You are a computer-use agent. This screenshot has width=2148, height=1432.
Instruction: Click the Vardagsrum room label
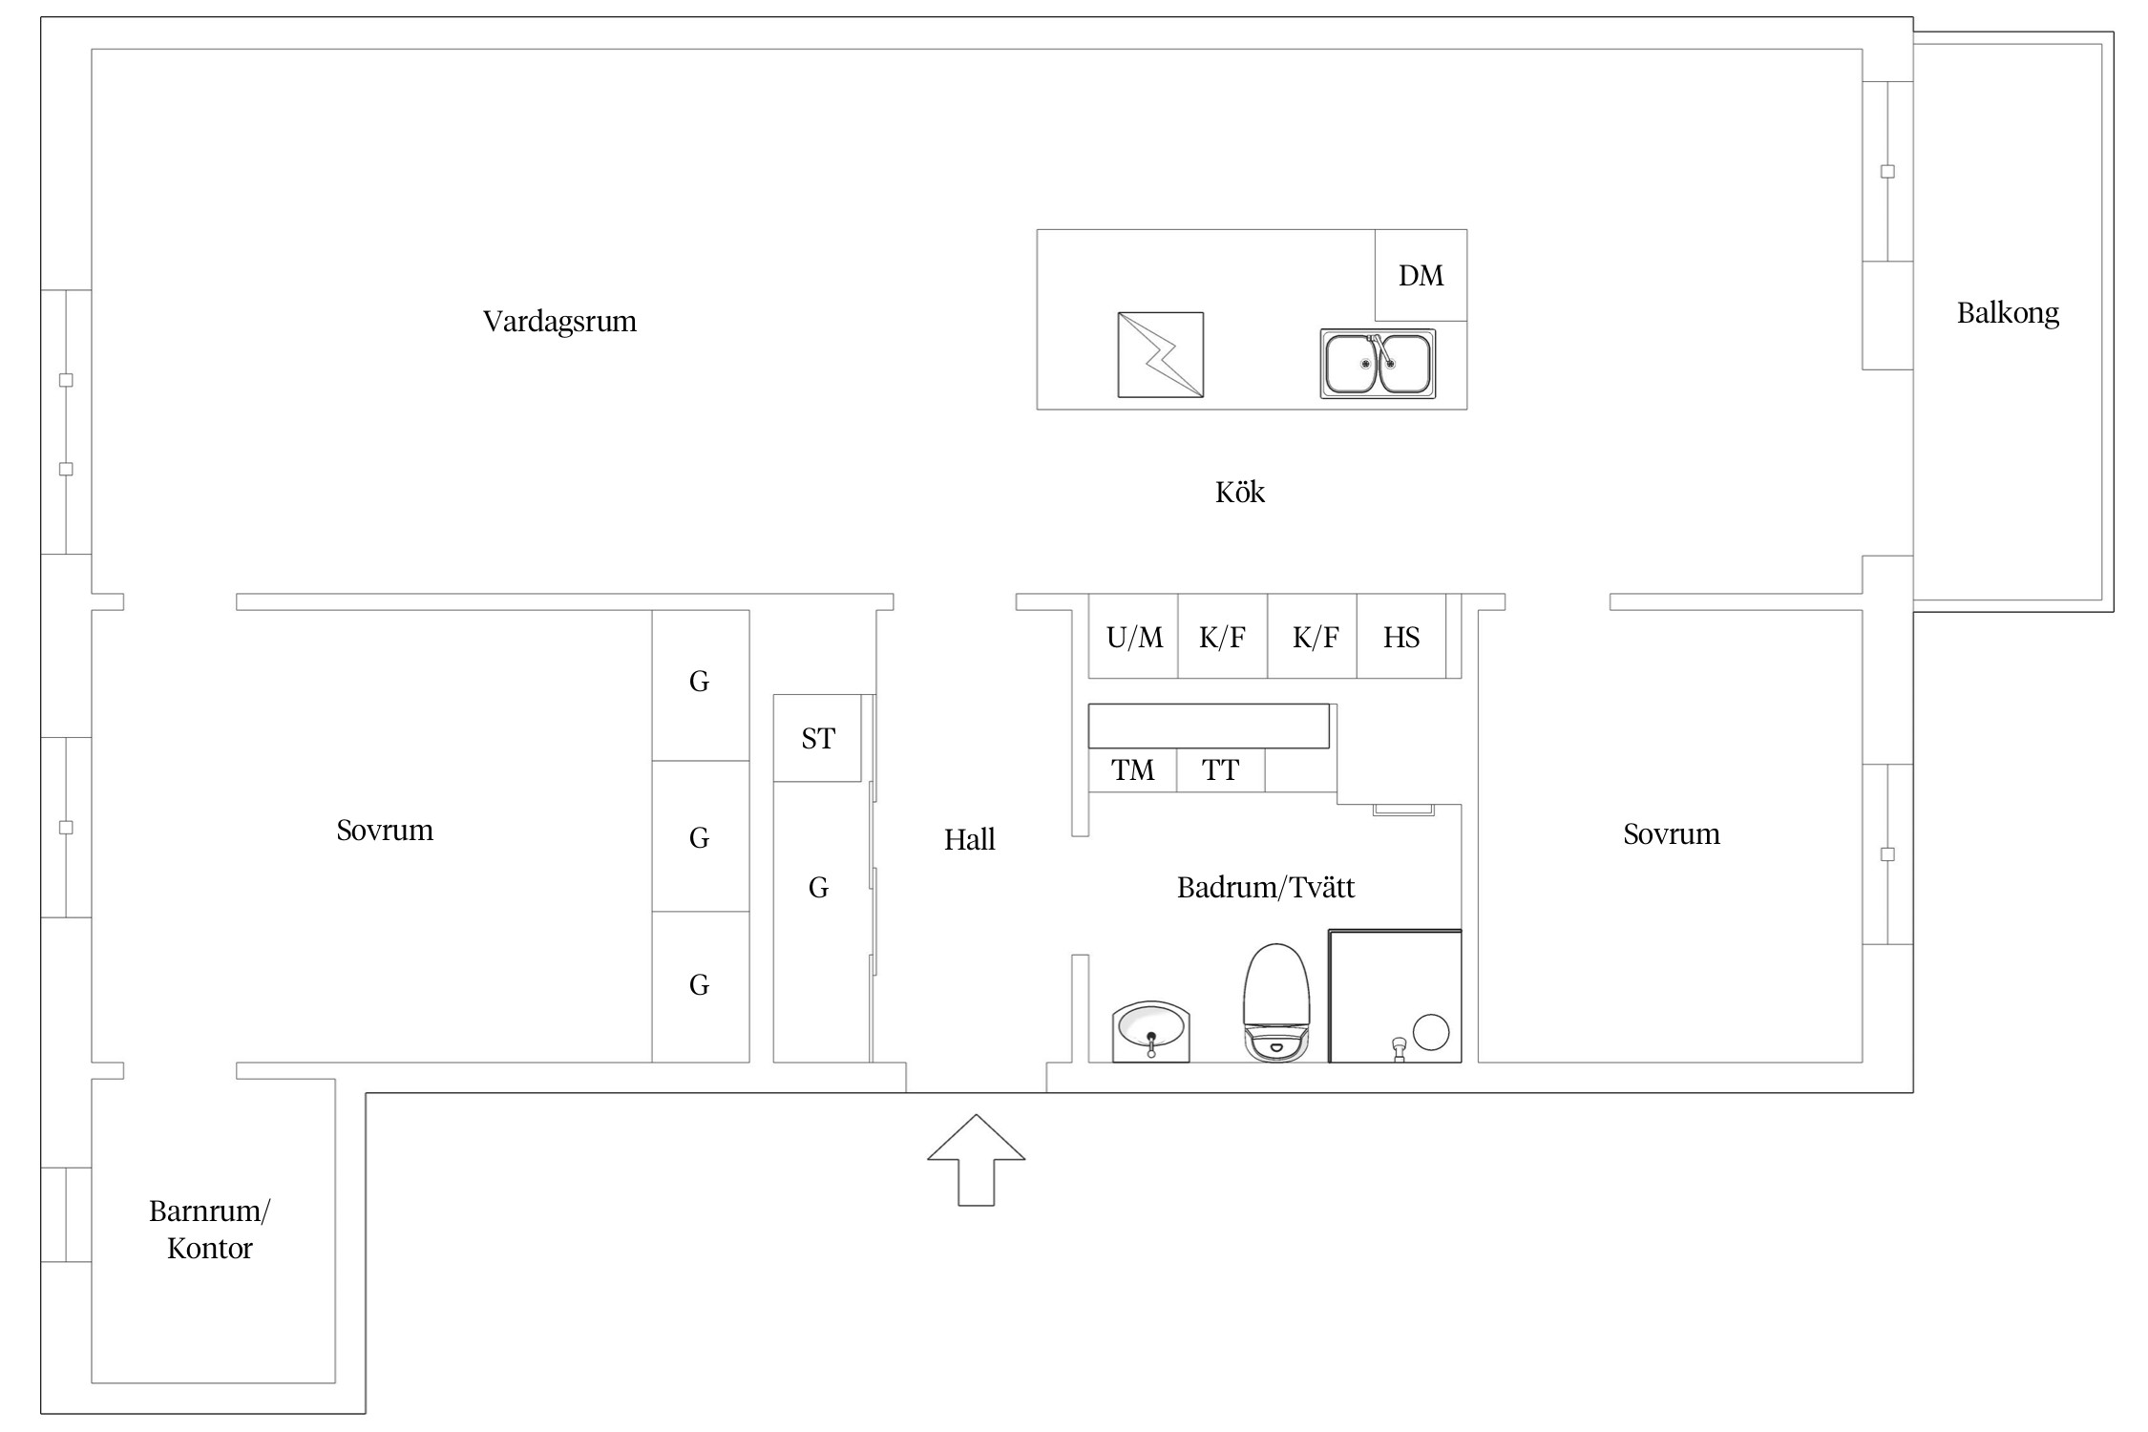coord(559,322)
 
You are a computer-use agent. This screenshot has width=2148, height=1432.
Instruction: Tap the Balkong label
coord(2008,313)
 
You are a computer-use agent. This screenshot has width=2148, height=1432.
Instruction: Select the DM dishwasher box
coord(1421,275)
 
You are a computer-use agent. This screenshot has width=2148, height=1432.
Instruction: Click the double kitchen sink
coord(1378,364)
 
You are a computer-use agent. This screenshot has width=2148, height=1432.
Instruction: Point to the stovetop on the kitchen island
coord(1161,354)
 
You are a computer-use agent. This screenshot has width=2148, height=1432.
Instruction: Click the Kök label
coord(1240,493)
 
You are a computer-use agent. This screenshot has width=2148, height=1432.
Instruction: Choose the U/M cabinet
coord(1133,636)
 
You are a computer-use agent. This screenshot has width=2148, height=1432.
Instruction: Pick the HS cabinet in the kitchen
coord(1400,636)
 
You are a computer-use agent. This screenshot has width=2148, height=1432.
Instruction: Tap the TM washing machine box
coord(1132,770)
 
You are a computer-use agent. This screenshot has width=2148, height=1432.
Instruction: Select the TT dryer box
coord(1220,770)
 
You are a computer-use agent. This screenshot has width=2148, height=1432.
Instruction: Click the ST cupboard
coord(817,738)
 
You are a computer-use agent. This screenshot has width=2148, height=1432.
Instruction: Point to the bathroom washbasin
coord(1151,1031)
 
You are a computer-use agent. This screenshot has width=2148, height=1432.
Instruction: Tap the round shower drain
coord(1431,1032)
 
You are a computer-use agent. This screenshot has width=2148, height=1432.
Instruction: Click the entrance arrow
coord(976,1160)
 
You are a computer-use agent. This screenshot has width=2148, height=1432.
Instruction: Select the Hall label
coord(969,840)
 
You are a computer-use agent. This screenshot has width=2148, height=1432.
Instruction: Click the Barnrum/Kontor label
coord(210,1230)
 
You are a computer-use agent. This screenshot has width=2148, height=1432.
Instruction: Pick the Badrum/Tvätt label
coord(1266,888)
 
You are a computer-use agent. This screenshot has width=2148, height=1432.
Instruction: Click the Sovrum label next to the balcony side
coord(1672,834)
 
